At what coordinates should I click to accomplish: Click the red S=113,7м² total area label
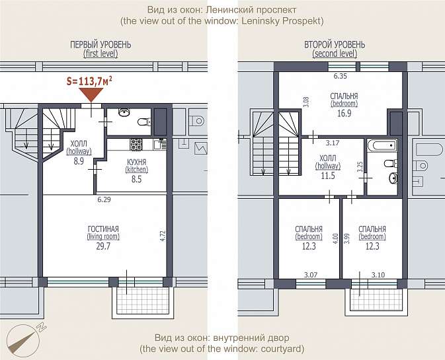[x=89, y=81]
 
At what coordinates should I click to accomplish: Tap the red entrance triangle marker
[x=91, y=94]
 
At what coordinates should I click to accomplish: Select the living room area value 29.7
[x=103, y=246]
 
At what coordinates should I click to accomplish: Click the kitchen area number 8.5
[x=136, y=179]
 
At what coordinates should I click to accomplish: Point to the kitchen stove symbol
[x=136, y=144]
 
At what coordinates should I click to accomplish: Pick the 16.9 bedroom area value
[x=344, y=114]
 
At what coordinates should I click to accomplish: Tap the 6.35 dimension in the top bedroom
[x=341, y=76]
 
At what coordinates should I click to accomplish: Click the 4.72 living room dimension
[x=163, y=236]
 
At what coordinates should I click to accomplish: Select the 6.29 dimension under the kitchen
[x=104, y=199]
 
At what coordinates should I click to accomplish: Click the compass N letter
[x=42, y=328]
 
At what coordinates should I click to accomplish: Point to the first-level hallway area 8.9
[x=79, y=161]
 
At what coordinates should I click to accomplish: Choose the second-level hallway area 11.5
[x=328, y=176]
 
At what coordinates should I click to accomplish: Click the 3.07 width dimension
[x=311, y=275]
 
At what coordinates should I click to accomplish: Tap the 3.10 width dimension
[x=378, y=275]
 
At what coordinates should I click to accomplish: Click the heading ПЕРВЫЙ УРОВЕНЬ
[x=101, y=45]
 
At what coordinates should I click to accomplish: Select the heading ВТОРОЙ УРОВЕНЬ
[x=335, y=45]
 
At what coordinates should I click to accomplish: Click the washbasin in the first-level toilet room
[x=124, y=112]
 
